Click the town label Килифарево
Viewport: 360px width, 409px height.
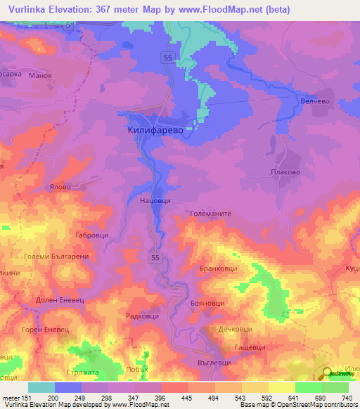[160, 131]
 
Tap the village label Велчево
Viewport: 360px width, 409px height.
[315, 101]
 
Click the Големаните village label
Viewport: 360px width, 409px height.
[211, 213]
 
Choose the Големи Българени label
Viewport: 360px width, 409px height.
[54, 257]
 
